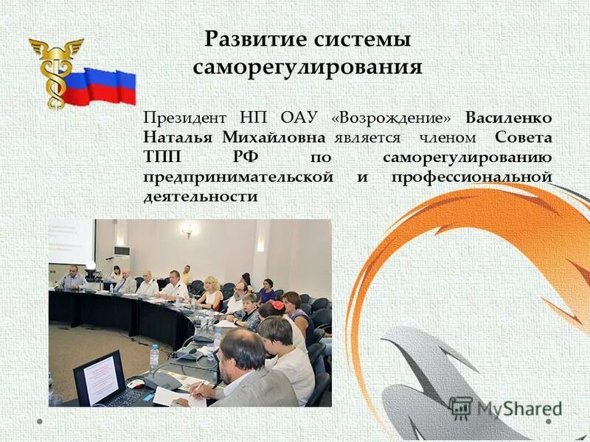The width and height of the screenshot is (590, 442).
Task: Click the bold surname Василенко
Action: tap(508, 119)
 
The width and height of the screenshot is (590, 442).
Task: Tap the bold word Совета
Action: tap(524, 138)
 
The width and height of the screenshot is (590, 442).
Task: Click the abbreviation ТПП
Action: tap(163, 158)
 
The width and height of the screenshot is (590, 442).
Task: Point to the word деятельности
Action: tap(200, 197)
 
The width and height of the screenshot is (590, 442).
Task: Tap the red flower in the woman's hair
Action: tap(278, 304)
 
